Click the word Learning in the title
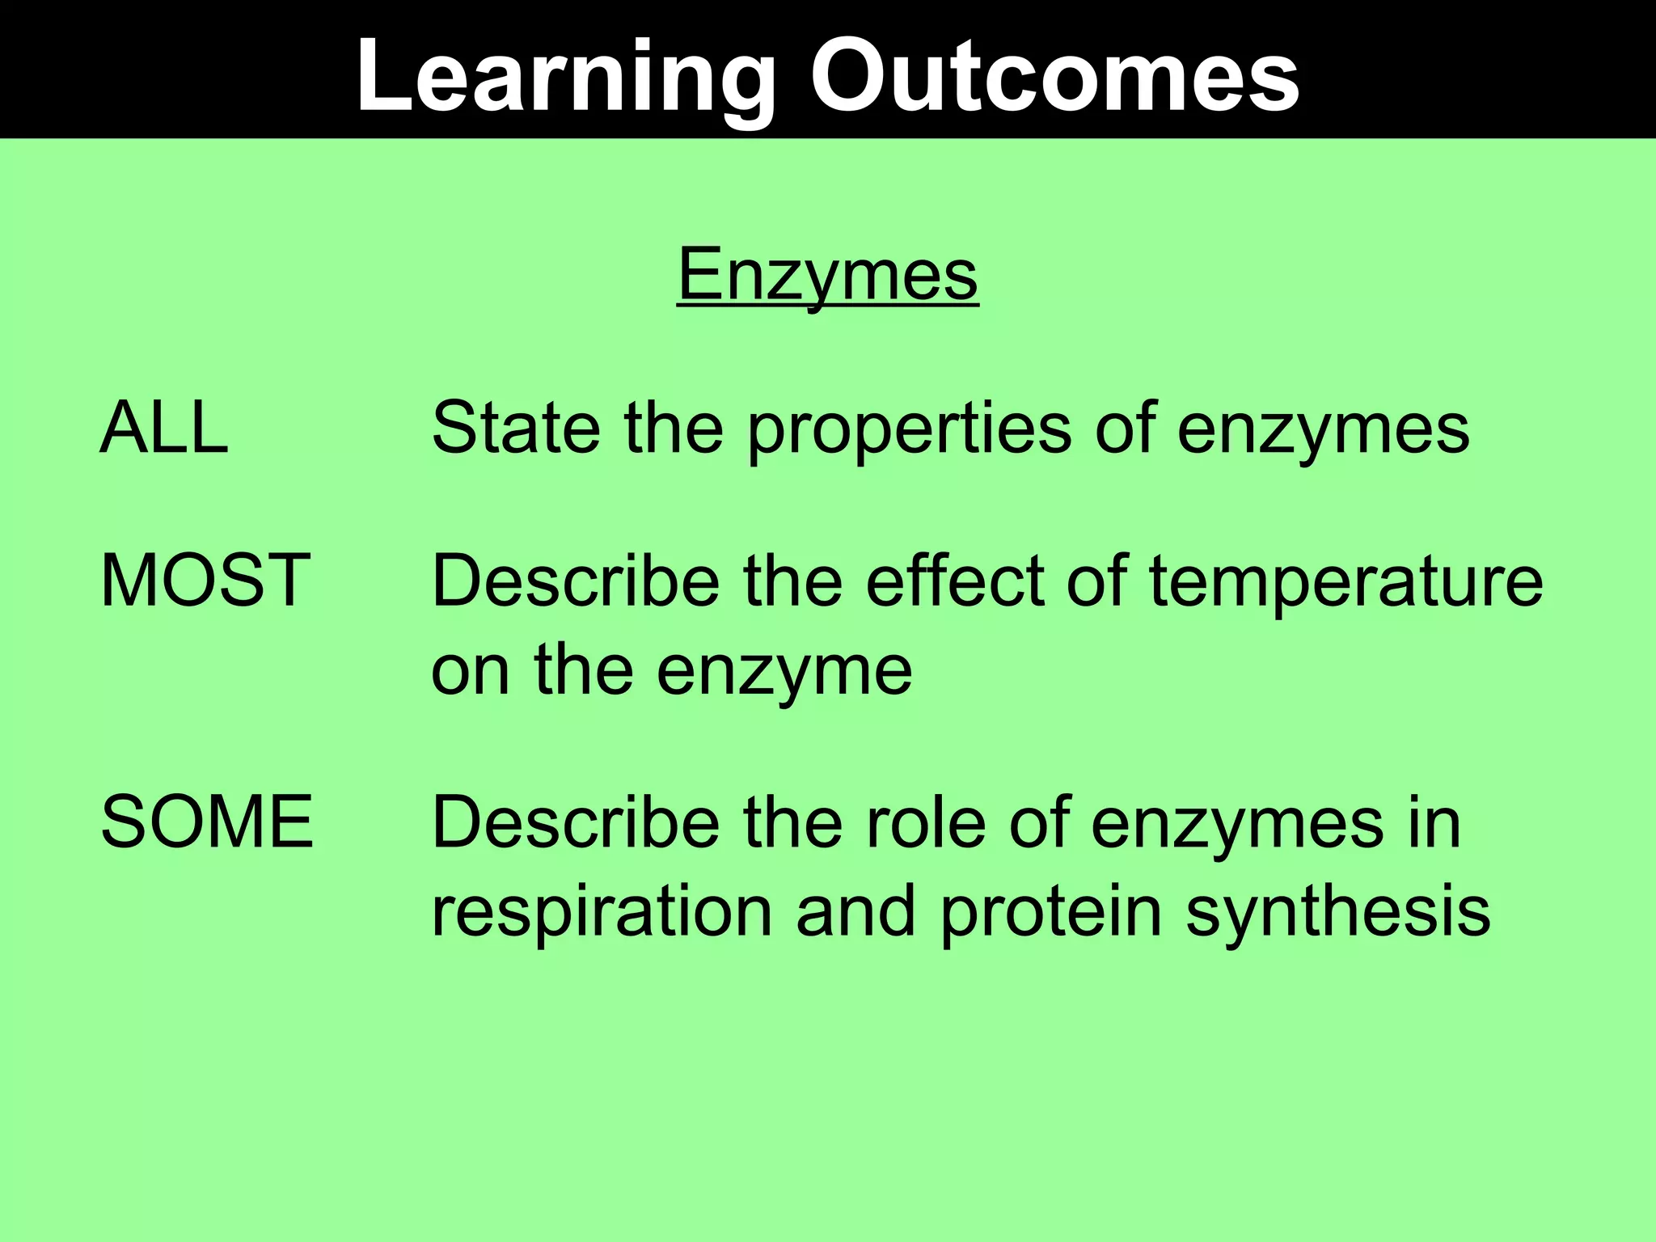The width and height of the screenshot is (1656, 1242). (564, 77)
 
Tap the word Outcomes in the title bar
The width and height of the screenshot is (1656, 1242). (1054, 77)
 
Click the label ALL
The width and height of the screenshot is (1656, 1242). (164, 428)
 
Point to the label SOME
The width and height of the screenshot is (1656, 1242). (207, 822)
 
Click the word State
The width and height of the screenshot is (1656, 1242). (516, 428)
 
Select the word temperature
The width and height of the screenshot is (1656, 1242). (1345, 584)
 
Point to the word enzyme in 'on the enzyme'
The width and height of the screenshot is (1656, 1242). (784, 673)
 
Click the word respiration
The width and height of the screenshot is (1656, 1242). (602, 914)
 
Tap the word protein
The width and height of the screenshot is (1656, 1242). (1050, 914)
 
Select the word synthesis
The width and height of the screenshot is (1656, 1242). (1337, 914)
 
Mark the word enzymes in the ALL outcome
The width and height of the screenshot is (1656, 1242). (1323, 430)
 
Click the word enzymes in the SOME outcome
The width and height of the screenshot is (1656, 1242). (1236, 825)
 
